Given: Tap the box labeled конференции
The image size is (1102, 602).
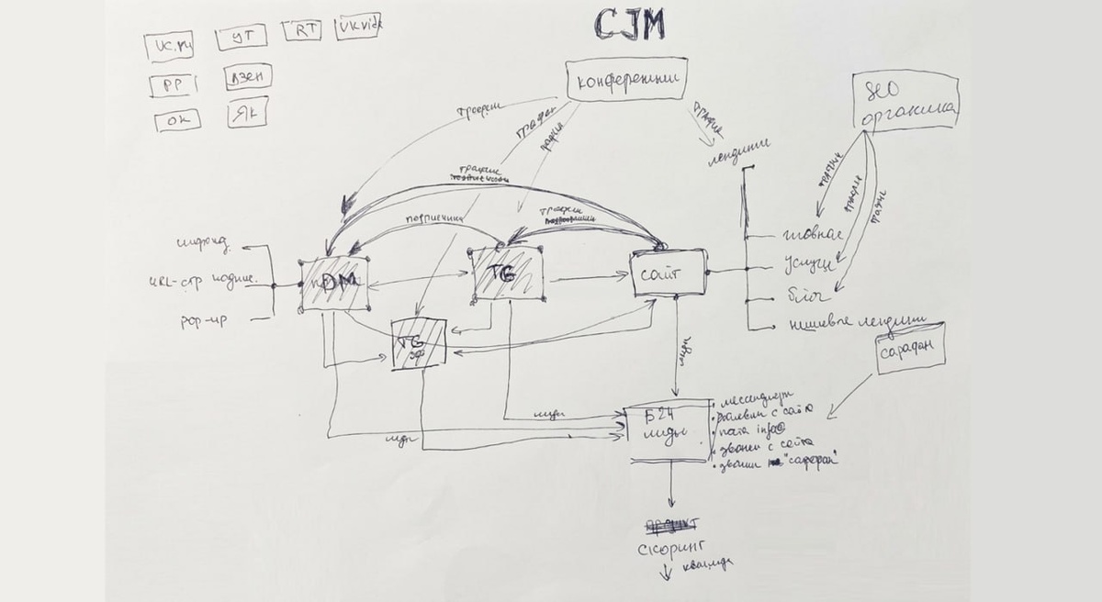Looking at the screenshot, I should click(x=627, y=81).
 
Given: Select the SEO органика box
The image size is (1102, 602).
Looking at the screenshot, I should click(x=905, y=101).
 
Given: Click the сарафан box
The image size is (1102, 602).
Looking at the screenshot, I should click(x=909, y=349).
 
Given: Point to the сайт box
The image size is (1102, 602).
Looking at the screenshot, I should click(x=668, y=272).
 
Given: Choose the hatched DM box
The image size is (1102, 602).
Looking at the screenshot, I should click(x=334, y=284).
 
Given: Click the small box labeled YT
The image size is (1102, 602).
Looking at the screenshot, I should click(x=242, y=37).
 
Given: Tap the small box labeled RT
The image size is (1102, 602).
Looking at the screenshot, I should click(x=302, y=29).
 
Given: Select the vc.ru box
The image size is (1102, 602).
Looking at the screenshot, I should click(x=169, y=45).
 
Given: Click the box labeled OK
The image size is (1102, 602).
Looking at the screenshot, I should click(x=176, y=120).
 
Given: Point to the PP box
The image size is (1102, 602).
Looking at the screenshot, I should click(x=173, y=85).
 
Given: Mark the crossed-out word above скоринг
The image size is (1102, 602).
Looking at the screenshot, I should click(x=671, y=525).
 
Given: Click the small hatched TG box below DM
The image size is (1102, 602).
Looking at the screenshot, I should click(x=419, y=344).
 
